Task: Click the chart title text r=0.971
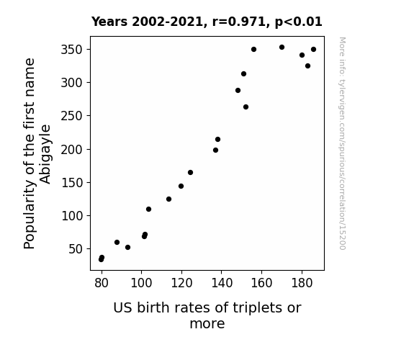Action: pos(239,22)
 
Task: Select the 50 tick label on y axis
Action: pos(76,249)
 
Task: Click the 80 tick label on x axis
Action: pos(102,283)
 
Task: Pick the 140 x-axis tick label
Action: pos(222,283)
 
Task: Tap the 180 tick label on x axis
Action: pos(302,283)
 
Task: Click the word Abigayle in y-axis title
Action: pos(45,154)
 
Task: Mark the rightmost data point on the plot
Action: pos(313,50)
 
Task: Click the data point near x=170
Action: pos(282,48)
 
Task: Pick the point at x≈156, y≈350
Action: pos(253,50)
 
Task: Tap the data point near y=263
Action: pos(246,107)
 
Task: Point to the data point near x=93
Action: pos(127,248)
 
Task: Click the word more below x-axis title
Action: pos(207,324)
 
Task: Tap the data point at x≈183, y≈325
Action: pos(307,66)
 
